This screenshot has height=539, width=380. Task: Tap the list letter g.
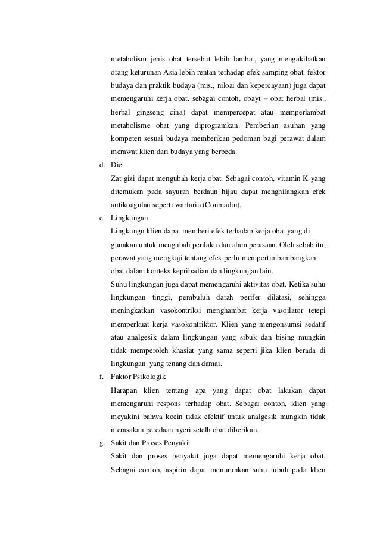click(x=102, y=442)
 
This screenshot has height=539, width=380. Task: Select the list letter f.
click(x=102, y=377)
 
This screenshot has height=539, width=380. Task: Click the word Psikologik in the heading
click(x=149, y=377)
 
